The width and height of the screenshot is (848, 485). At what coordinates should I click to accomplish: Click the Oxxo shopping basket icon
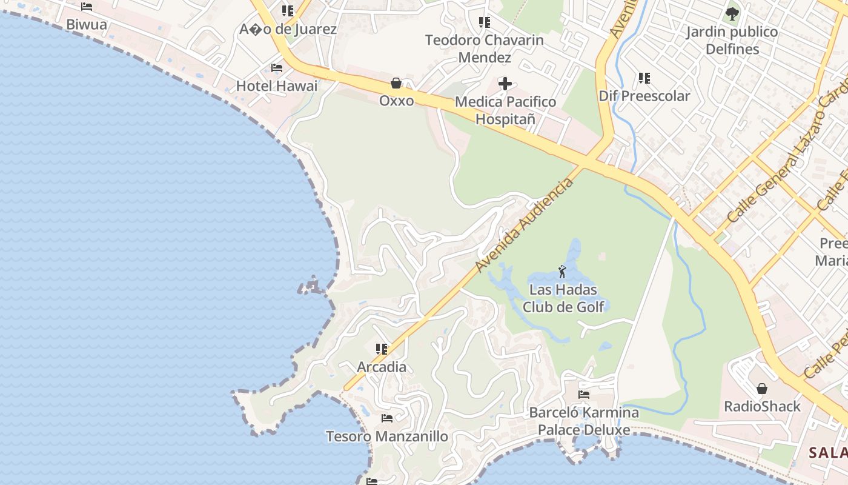396,83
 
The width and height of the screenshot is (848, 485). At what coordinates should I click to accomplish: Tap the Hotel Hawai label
277,86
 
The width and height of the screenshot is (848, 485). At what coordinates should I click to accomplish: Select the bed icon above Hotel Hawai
277,68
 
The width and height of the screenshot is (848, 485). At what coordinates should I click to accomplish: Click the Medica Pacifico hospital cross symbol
505,83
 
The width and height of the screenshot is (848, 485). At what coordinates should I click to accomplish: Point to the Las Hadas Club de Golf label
563,298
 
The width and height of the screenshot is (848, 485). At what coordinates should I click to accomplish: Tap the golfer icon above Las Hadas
562,272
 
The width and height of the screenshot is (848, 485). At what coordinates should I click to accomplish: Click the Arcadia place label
382,367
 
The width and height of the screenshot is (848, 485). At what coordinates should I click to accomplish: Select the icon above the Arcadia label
382,349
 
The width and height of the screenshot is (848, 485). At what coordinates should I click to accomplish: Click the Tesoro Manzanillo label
387,436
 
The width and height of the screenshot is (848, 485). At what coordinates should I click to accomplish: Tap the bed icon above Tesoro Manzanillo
387,418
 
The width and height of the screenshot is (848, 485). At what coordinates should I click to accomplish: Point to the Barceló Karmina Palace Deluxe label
584,421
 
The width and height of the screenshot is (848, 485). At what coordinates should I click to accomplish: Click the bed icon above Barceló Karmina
584,394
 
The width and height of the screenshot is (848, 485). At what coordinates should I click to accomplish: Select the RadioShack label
763,406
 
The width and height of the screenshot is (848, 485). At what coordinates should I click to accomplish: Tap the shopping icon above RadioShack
762,388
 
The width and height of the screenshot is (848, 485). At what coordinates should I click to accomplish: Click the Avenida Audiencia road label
524,225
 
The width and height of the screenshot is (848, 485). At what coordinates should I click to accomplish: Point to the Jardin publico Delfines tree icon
732,13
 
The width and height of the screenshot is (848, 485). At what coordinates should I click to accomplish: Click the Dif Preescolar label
644,96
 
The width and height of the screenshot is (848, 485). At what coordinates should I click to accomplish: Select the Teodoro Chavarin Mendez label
484,48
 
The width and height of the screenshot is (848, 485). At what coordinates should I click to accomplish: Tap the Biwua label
87,25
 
